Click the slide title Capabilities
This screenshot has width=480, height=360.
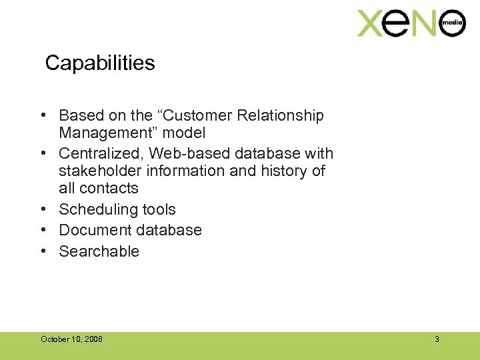point(100,63)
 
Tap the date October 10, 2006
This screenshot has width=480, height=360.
point(71,339)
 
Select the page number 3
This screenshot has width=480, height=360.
point(437,339)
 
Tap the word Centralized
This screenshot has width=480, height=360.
point(101,154)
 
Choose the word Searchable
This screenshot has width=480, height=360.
point(99,251)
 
